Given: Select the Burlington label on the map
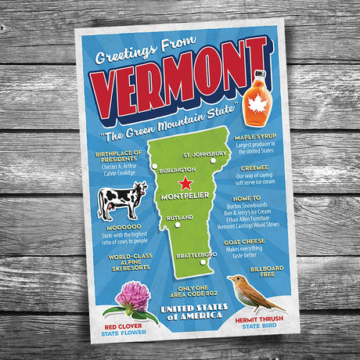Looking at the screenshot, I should (x=176, y=170).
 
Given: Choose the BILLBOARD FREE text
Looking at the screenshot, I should (x=267, y=271).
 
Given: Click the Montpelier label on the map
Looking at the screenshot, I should (x=183, y=196).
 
